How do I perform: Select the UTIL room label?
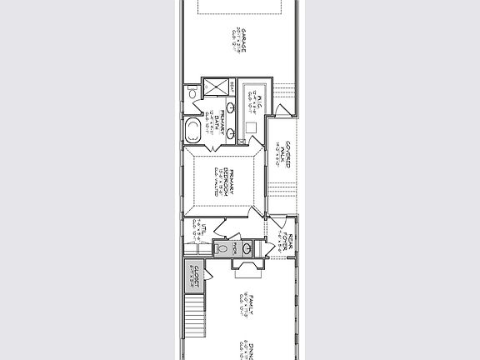[x=202, y=232]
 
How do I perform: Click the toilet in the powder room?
[x=221, y=248]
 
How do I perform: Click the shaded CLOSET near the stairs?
[x=193, y=274]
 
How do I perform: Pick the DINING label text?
[x=247, y=348]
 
